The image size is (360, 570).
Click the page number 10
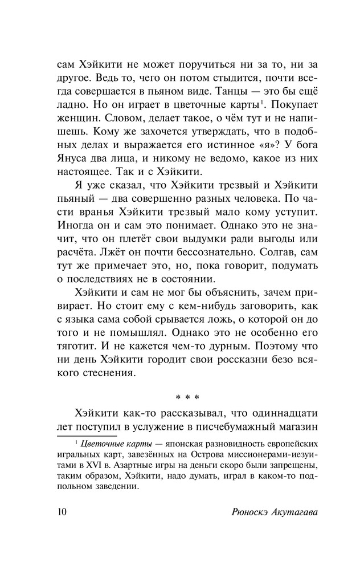(x=62, y=510)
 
